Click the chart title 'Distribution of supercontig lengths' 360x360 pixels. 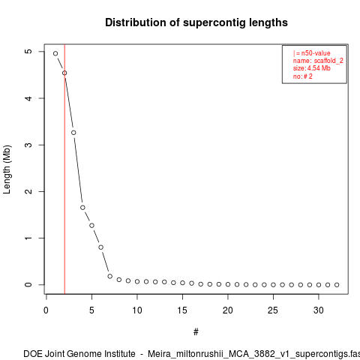(x=196, y=22)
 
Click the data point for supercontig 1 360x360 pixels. (x=55, y=53)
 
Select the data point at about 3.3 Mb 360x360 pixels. (x=73, y=133)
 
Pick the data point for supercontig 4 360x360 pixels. (x=82, y=208)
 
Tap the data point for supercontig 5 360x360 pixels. (x=91, y=226)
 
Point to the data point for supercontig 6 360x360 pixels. (x=100, y=247)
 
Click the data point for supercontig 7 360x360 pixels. (x=110, y=276)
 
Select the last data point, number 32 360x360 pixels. (x=337, y=285)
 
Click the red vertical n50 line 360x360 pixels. (x=64, y=169)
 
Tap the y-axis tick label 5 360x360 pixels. (x=28, y=51)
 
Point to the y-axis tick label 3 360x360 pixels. (x=28, y=145)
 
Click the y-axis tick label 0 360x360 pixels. (x=28, y=285)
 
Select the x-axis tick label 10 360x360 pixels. (x=137, y=310)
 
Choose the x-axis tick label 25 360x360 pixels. (x=273, y=310)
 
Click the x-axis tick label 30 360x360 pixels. (x=319, y=310)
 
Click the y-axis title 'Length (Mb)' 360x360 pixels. (x=7, y=169)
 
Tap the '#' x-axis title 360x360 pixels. (x=196, y=332)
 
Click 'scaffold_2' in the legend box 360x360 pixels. (x=328, y=61)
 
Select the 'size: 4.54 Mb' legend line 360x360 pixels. (x=312, y=68)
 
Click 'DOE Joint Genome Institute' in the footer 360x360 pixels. (x=79, y=354)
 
